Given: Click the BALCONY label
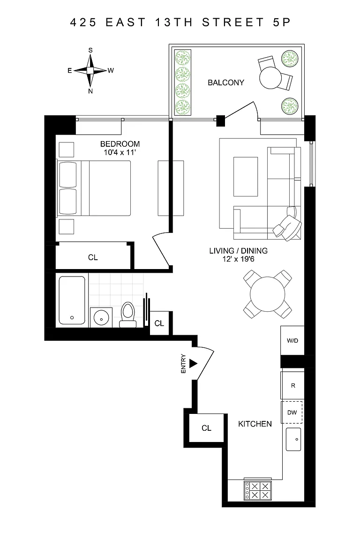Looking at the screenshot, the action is tap(225, 82).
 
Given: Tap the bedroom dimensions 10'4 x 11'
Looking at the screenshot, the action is tap(120, 152).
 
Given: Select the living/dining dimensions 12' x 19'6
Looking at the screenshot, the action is tap(239, 259).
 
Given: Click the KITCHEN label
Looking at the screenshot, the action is tap(255, 424).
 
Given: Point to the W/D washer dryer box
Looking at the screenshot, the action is tap(292, 341).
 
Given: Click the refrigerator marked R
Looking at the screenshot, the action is tap(292, 385).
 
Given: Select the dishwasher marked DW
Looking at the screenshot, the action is tap(292, 412).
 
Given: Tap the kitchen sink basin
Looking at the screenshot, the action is tap(293, 439).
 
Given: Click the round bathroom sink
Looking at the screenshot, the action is tap(101, 317).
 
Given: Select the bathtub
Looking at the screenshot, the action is tap(72, 300).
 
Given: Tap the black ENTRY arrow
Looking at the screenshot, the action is tap(193, 363).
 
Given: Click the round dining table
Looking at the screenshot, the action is tap(268, 294).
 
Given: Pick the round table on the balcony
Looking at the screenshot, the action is tap(271, 77).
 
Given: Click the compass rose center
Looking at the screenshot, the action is tap(90, 71).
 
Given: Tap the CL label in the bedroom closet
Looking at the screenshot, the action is tap(93, 257).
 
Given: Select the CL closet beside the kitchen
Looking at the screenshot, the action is tap(206, 427).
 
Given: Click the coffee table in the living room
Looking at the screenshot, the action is tap(246, 177).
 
